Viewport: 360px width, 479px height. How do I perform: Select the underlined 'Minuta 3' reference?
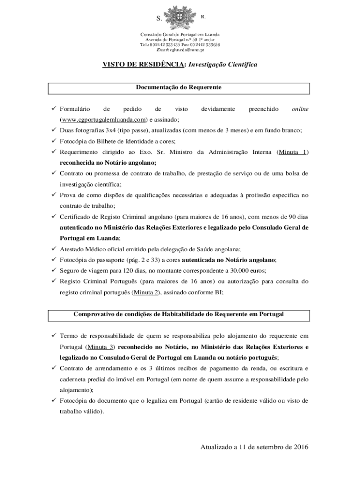coord(101,347)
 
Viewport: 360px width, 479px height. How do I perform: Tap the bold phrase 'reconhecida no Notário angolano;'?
coord(108,162)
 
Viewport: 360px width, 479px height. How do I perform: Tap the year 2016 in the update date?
coord(297,447)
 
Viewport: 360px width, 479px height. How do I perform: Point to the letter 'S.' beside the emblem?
coord(158,19)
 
